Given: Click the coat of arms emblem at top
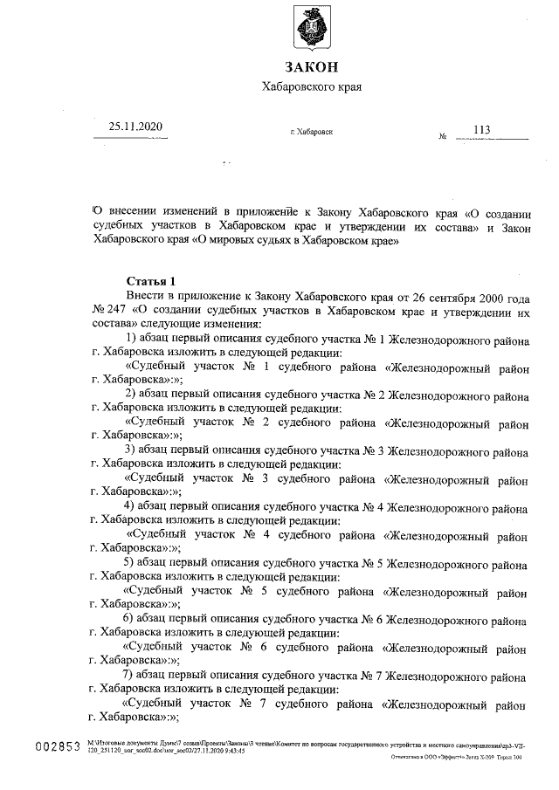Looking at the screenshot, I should [312, 32].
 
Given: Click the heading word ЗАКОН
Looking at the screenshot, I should [311, 67].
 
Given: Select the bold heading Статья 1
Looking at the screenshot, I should [151, 281].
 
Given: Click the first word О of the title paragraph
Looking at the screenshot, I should [97, 212].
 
